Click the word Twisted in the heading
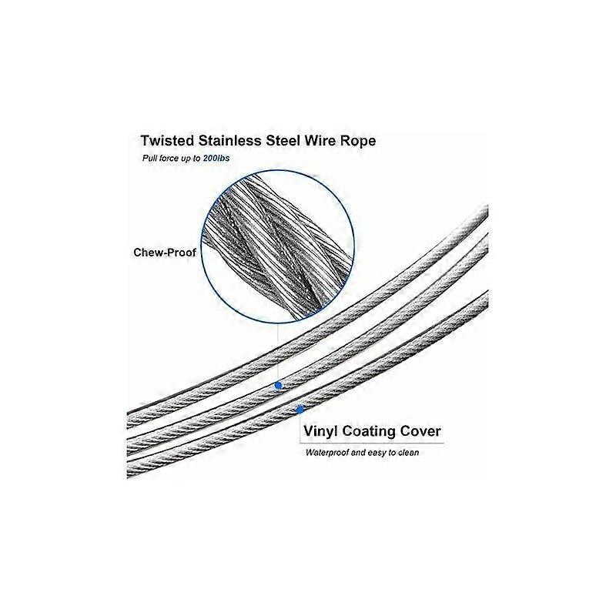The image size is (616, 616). (167, 141)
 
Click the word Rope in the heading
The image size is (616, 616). (358, 142)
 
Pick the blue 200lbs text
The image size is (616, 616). (216, 159)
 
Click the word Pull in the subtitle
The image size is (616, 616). (149, 159)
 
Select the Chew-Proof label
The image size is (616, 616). (165, 253)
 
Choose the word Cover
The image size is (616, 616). (420, 431)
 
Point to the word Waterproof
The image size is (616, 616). (327, 453)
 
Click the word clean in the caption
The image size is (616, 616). (409, 453)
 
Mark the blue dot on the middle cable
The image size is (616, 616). (279, 386)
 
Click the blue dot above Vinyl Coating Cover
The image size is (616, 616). (300, 410)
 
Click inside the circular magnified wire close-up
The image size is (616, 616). (278, 246)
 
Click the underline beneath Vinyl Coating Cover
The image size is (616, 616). (372, 444)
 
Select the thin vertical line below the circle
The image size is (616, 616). (278, 353)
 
